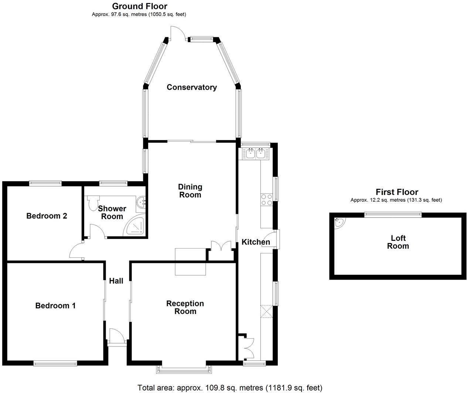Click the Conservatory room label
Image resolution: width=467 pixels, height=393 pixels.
191,87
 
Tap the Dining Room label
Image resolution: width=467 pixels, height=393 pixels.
190,191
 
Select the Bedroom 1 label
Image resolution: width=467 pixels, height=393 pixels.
55,305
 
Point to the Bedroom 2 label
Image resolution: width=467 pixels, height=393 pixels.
47,216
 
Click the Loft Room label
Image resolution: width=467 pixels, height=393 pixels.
398,242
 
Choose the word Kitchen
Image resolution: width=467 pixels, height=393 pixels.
256,242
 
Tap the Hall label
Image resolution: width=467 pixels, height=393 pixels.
116,281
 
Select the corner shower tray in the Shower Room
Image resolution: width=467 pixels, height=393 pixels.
135,226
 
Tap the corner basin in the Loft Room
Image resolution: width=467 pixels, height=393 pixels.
339,223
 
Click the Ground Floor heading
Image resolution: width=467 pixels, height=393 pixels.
139,6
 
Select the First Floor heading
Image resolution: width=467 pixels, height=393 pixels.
396,192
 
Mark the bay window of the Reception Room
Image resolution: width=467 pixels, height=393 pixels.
184,368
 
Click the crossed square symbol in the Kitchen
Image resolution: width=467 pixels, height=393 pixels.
266,311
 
